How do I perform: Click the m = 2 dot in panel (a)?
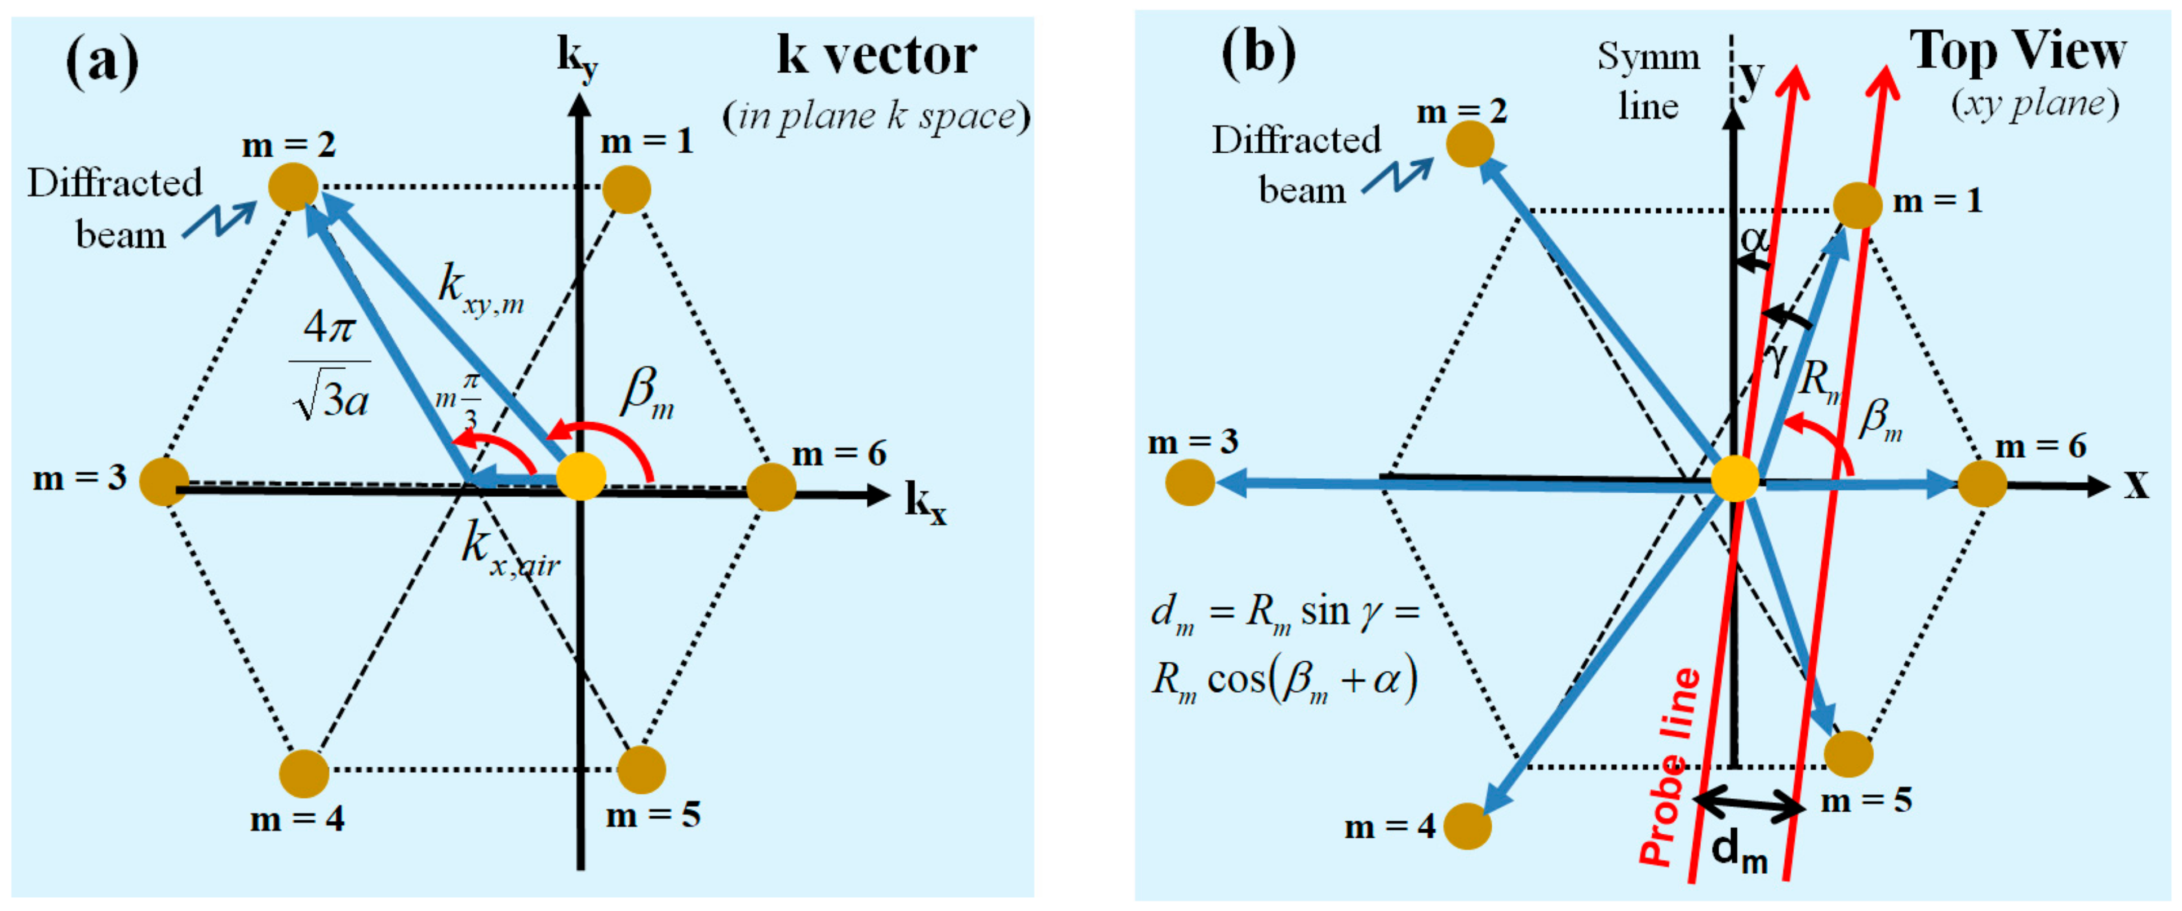(293, 187)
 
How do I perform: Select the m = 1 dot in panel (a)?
(627, 189)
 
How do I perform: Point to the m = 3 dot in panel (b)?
(1190, 482)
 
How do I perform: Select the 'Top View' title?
(2017, 51)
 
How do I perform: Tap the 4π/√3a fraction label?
(330, 364)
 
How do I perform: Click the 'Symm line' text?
(1648, 81)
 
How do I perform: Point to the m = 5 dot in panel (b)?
(1848, 753)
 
